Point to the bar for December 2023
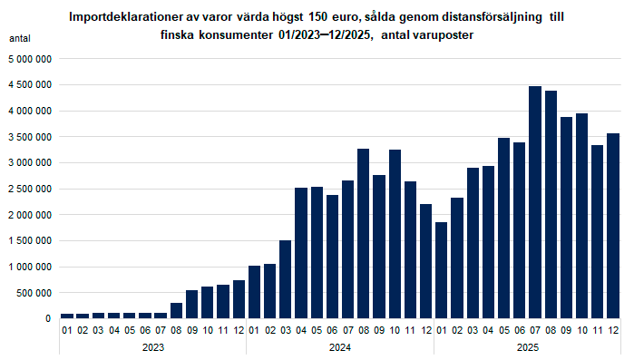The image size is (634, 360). (239, 299)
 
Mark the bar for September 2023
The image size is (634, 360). (191, 305)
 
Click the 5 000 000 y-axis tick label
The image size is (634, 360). (30, 59)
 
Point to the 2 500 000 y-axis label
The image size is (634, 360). (30, 189)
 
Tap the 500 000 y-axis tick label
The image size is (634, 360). (34, 293)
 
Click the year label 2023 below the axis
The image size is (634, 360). (152, 347)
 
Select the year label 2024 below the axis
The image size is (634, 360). (340, 347)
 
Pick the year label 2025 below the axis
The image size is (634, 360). (528, 347)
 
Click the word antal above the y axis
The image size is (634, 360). (20, 39)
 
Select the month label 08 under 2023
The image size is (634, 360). (176, 330)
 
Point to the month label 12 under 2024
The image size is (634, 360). (425, 330)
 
